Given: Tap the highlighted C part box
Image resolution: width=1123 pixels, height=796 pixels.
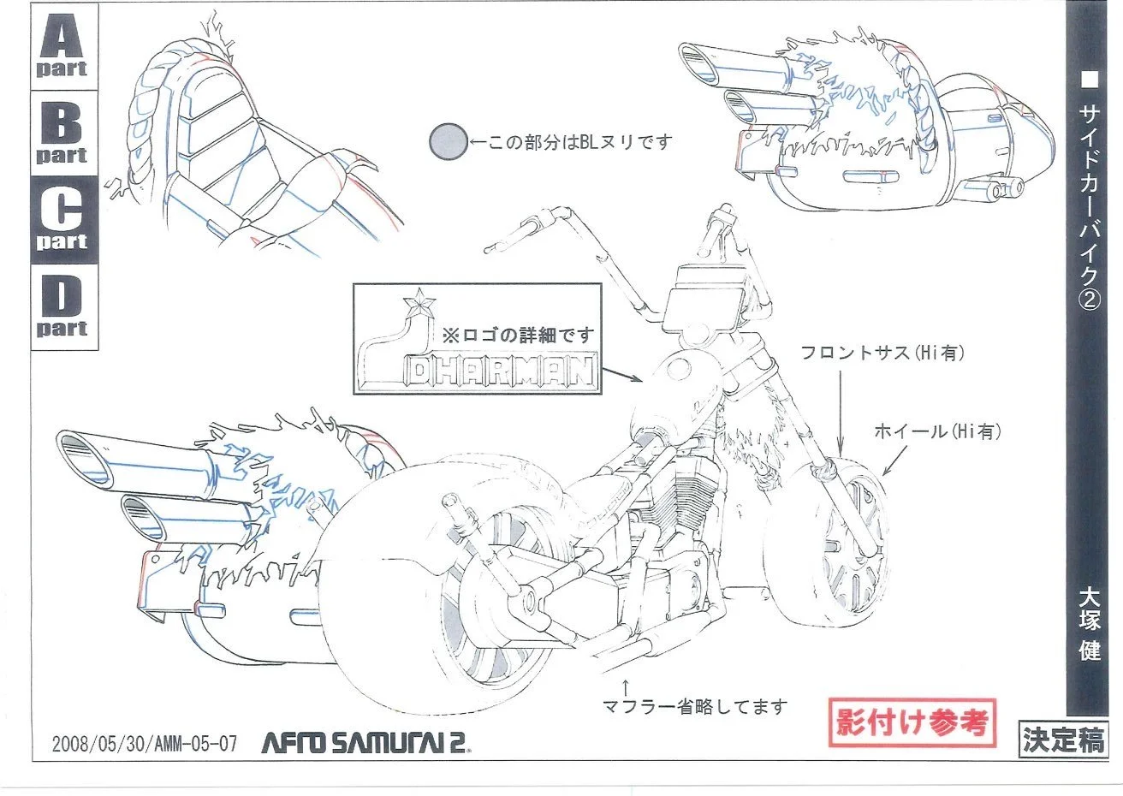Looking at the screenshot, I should [x=62, y=219].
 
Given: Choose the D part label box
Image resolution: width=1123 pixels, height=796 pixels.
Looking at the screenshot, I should [x=62, y=306].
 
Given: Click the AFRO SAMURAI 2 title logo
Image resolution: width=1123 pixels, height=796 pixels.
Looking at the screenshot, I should [x=366, y=741].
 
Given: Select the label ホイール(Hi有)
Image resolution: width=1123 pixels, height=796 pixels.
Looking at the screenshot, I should [x=937, y=432].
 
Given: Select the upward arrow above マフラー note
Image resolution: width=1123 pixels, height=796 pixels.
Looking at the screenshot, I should [x=626, y=686].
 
